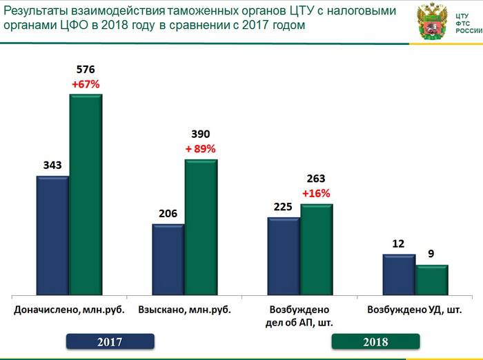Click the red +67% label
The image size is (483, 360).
(86, 84)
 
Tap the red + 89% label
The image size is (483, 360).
(201, 148)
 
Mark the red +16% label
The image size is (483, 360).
(316, 193)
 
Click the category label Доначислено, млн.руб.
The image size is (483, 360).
(69, 310)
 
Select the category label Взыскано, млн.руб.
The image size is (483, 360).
(184, 310)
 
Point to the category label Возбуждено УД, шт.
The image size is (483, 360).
(415, 310)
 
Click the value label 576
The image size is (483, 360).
(86, 70)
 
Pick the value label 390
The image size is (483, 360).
(201, 134)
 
